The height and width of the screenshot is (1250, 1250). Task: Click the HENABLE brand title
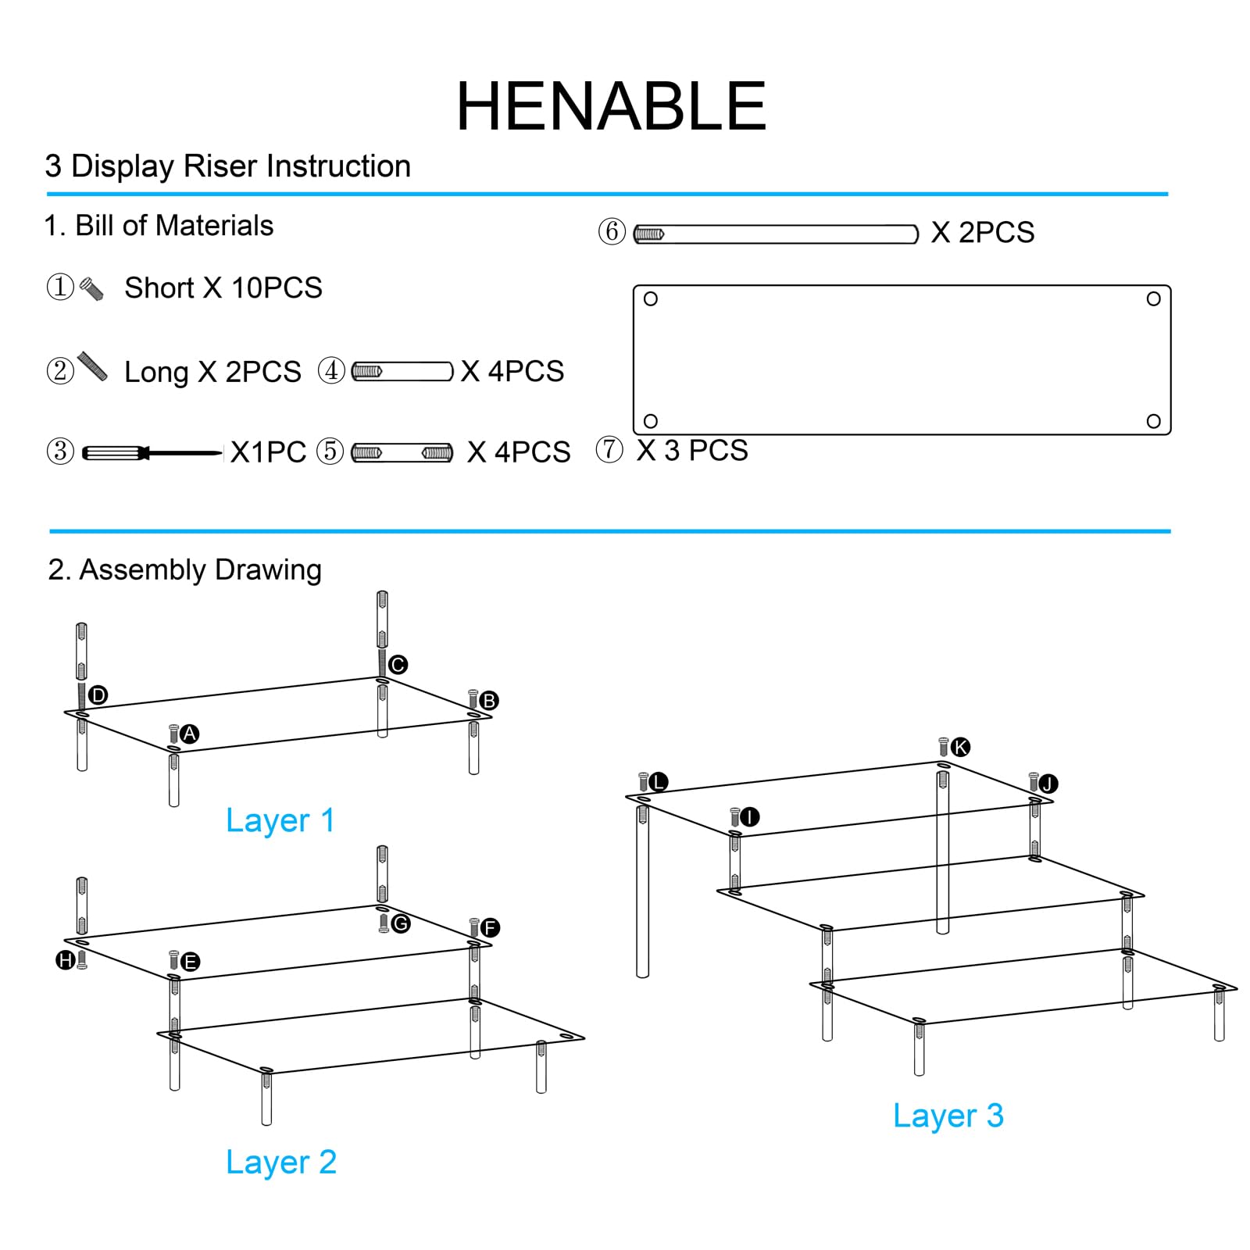611,106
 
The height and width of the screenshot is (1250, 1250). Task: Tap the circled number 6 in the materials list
612,231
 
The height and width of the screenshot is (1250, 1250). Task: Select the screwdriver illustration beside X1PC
152,452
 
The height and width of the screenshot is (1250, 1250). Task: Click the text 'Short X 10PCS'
223,287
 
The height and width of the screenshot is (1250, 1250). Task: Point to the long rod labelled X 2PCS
775,234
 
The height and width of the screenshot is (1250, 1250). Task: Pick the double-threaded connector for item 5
402,452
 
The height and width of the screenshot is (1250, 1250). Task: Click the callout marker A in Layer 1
189,734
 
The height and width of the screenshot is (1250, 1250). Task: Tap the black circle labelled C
398,664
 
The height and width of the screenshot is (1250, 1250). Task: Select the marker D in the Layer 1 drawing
98,695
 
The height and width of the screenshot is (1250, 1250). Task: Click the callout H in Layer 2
66,959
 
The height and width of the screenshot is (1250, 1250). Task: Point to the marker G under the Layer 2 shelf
401,923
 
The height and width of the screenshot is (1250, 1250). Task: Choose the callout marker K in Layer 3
960,747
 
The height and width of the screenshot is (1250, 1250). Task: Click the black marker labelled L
659,781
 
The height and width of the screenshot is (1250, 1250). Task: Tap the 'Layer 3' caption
948,1116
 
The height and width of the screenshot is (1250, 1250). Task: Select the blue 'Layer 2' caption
281,1162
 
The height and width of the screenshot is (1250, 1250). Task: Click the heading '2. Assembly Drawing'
184,570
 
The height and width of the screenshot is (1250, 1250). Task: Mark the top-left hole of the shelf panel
650,298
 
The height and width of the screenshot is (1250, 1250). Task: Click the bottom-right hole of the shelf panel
1153,421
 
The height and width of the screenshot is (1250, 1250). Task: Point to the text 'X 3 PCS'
692,450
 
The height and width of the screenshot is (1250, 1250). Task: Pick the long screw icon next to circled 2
93,366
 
